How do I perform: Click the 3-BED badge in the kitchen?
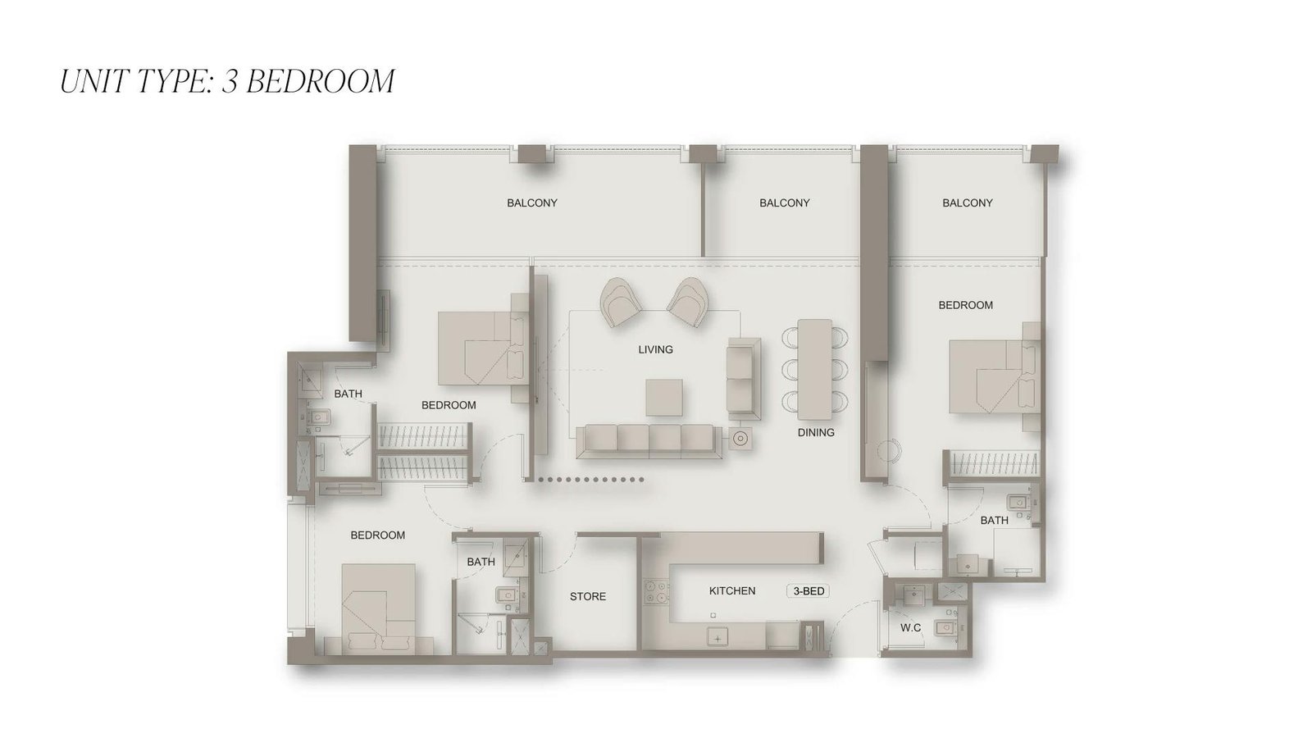click(809, 591)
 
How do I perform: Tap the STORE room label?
click(587, 596)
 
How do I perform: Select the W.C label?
click(911, 628)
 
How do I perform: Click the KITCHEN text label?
click(732, 591)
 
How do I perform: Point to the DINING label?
click(816, 432)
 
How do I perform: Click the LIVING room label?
click(655, 349)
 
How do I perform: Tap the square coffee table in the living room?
click(664, 397)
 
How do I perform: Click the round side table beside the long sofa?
click(740, 438)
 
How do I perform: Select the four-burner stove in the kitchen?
click(656, 592)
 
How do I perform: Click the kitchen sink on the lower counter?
click(717, 639)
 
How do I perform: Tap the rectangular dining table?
click(814, 369)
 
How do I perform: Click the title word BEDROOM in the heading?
click(321, 81)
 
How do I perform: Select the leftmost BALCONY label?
click(532, 203)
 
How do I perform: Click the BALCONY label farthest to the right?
click(967, 203)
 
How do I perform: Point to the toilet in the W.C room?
click(945, 628)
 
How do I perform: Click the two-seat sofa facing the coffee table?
click(744, 378)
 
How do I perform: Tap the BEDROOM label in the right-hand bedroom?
click(965, 305)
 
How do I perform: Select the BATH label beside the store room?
click(481, 562)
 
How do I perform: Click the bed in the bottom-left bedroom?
click(378, 609)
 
